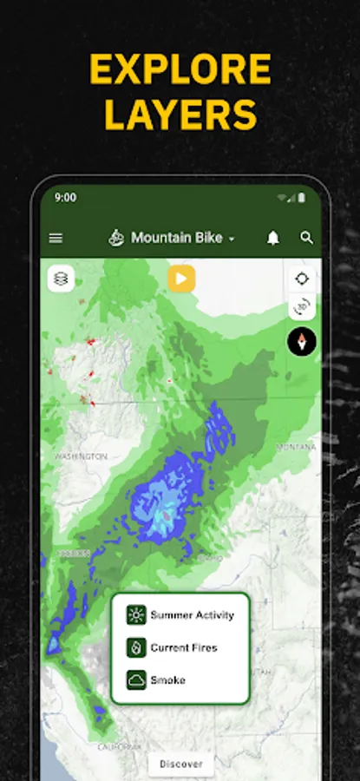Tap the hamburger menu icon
pyautogui.click(x=56, y=238)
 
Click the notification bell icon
pyautogui.click(x=273, y=238)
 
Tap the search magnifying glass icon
pyautogui.click(x=306, y=238)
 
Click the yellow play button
pyautogui.click(x=181, y=279)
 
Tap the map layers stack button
pyautogui.click(x=61, y=279)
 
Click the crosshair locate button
pyautogui.click(x=302, y=279)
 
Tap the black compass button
pyautogui.click(x=302, y=341)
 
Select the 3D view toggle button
pyautogui.click(x=302, y=307)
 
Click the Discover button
pyautogui.click(x=181, y=764)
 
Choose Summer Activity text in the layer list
pyautogui.click(x=192, y=615)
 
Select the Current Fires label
pyautogui.click(x=184, y=647)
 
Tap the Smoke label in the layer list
pyautogui.click(x=168, y=680)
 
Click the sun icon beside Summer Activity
pyautogui.click(x=136, y=615)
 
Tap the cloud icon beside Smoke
pyautogui.click(x=136, y=680)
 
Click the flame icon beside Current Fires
pyautogui.click(x=136, y=647)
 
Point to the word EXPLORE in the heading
pyautogui.click(x=180, y=70)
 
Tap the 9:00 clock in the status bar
pyautogui.click(x=65, y=197)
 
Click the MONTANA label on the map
pyautogui.click(x=296, y=447)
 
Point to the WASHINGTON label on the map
pyautogui.click(x=81, y=456)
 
